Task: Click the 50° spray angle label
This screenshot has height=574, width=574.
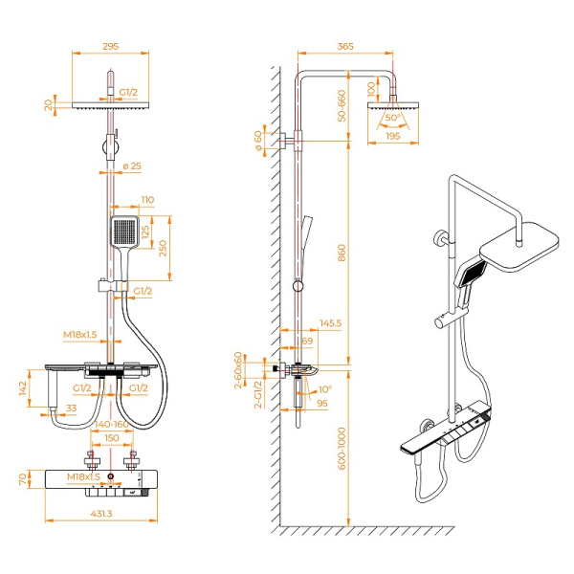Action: coord(393,120)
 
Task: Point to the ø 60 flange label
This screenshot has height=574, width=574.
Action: coord(257,142)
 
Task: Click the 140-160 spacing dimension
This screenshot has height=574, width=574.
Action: coord(113,424)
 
